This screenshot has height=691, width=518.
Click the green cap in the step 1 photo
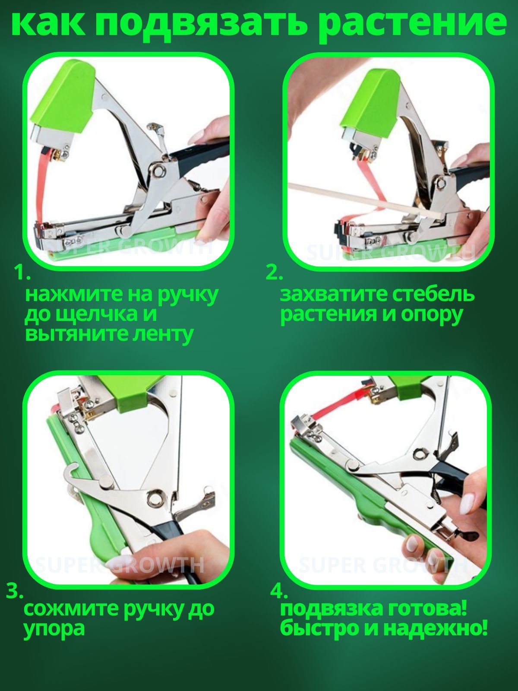(x=63, y=98)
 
